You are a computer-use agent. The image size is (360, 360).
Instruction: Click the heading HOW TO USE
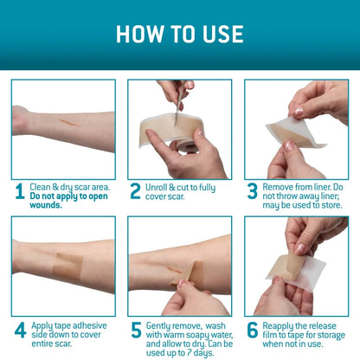click(180, 34)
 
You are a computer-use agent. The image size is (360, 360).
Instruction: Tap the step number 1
click(19, 191)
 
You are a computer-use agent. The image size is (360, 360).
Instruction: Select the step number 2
click(136, 191)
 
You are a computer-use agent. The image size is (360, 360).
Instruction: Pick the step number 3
click(253, 191)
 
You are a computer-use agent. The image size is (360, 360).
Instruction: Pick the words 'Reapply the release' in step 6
click(303, 326)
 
